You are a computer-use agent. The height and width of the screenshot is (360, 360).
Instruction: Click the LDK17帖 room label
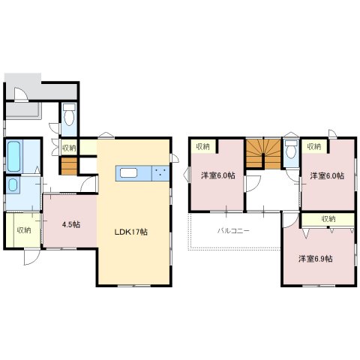(x=131, y=232)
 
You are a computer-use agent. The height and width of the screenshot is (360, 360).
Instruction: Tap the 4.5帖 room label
(x=71, y=224)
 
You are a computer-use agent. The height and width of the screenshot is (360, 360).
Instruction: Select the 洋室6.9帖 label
(x=315, y=259)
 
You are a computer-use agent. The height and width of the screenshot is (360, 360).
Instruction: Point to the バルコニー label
(x=233, y=230)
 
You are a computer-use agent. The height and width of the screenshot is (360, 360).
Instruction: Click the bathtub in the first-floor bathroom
(x=13, y=157)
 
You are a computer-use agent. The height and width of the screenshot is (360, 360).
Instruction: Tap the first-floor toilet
(x=69, y=115)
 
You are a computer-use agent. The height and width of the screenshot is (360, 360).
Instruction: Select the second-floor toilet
(x=291, y=149)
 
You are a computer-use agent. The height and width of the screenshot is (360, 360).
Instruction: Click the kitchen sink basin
(x=128, y=173)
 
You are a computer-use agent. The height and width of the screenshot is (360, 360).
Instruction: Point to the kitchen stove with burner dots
(x=160, y=173)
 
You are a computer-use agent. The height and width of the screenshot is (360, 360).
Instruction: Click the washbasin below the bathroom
(x=13, y=185)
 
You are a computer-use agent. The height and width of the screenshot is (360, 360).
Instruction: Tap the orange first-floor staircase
(x=69, y=166)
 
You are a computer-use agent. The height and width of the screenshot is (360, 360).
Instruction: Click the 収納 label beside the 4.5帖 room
(x=24, y=230)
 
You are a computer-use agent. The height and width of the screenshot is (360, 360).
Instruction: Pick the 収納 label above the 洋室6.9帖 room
(x=328, y=219)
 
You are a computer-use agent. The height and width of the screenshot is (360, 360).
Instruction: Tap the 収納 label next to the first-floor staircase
(x=69, y=148)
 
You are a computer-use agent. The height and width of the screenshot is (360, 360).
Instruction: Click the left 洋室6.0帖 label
(x=218, y=175)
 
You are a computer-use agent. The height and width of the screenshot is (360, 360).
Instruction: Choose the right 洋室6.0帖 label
(x=327, y=175)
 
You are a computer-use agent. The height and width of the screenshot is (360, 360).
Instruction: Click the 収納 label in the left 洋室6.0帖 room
(x=202, y=146)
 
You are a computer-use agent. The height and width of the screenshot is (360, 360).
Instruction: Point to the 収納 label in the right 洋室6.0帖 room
(x=314, y=146)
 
